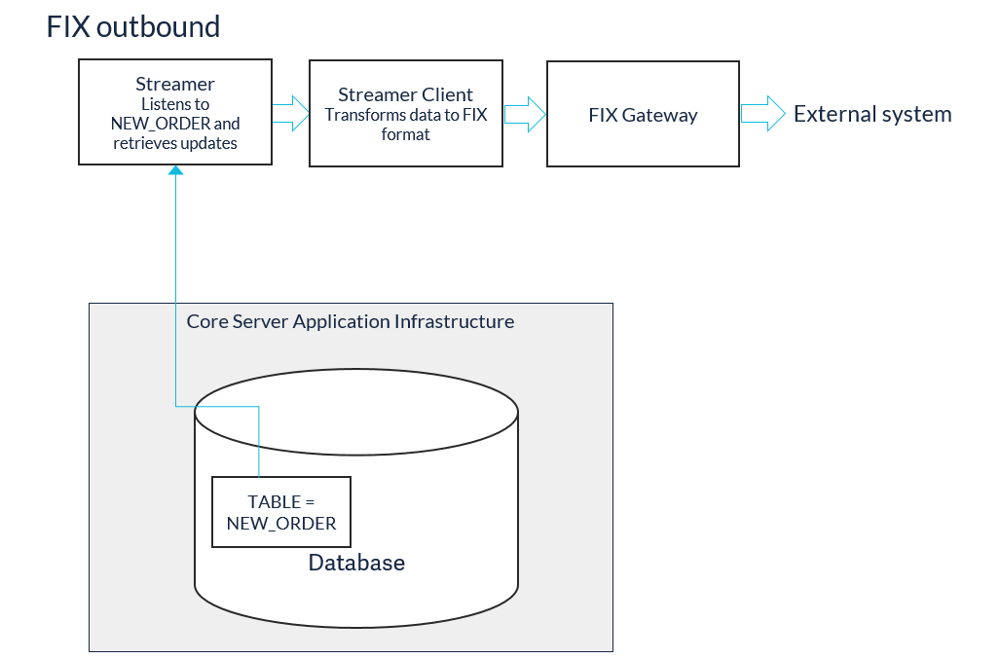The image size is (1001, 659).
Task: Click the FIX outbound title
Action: (x=133, y=27)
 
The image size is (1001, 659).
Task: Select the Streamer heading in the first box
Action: (x=175, y=85)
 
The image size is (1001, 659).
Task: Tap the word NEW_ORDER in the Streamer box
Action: (x=161, y=124)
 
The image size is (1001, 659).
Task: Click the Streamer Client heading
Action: (x=405, y=95)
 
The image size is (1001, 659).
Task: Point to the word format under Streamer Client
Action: (x=405, y=134)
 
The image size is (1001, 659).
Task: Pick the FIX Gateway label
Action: (x=643, y=116)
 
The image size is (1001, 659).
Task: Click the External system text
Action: (x=872, y=114)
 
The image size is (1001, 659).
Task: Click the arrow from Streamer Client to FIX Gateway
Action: (x=526, y=115)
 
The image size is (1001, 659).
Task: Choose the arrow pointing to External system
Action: (x=762, y=114)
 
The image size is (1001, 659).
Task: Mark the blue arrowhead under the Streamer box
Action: (x=175, y=170)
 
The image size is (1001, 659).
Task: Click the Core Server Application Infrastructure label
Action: (x=350, y=321)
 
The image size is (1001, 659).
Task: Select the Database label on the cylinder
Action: (x=356, y=563)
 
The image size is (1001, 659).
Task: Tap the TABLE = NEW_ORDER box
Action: (x=280, y=512)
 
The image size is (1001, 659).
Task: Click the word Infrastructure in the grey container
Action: (x=454, y=321)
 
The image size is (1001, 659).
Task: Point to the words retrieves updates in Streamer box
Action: (x=175, y=143)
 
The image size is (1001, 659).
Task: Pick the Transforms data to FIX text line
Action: (x=405, y=115)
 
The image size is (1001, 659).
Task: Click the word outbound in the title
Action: (x=159, y=27)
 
